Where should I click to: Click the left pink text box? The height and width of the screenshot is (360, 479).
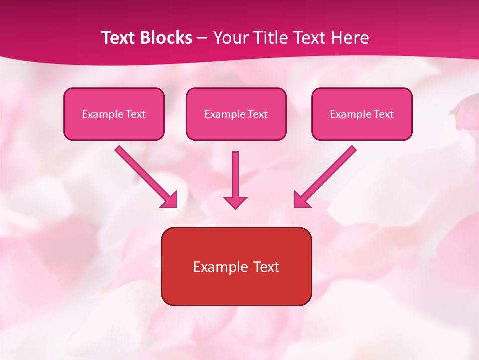114,114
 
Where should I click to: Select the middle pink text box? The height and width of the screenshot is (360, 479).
236,114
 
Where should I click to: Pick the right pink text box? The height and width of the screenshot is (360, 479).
362,114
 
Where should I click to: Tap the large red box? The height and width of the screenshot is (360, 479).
236,266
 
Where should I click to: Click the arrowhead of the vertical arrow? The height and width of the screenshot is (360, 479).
235,202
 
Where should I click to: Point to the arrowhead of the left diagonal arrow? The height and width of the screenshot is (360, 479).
170,200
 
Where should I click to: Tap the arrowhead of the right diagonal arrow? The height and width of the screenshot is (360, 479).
301,200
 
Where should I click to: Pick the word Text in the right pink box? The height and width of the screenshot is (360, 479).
384,114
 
